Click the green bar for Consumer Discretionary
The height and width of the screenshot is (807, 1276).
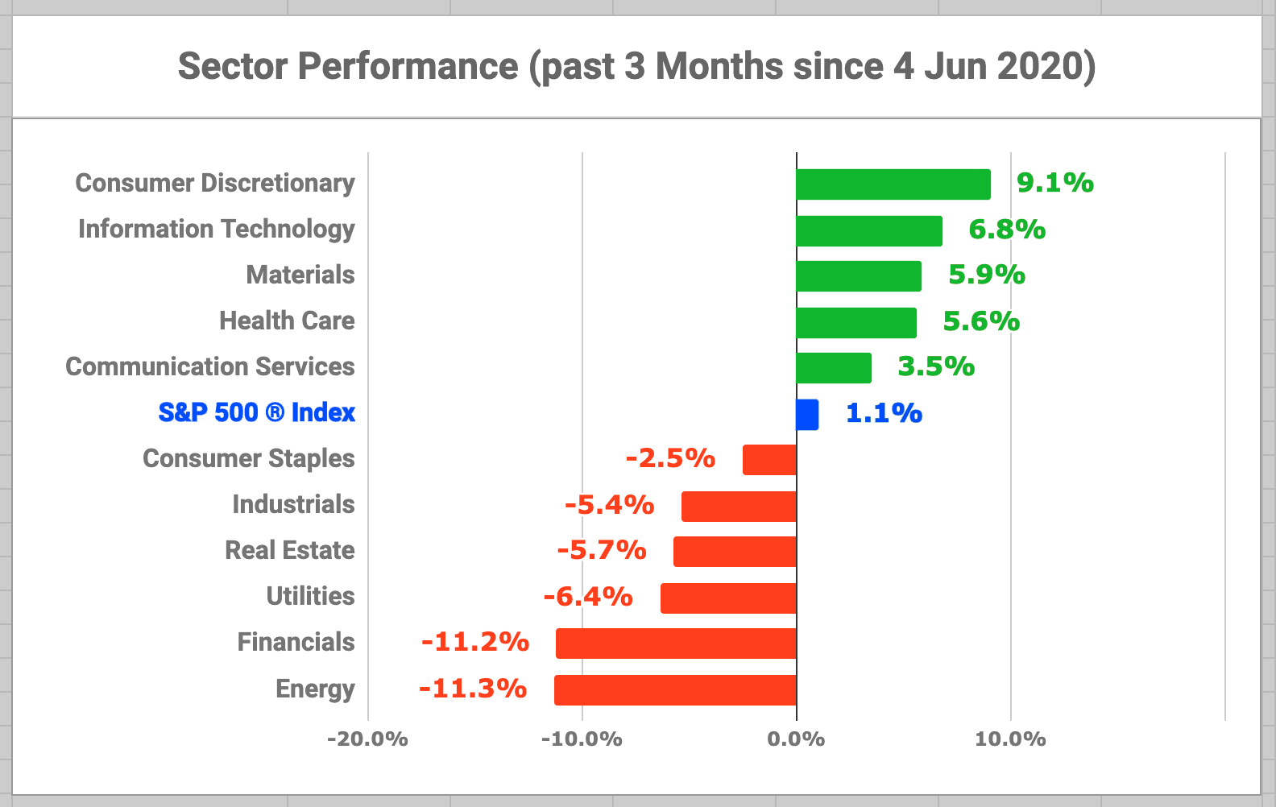(x=893, y=184)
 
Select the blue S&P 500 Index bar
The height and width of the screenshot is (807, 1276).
(x=807, y=415)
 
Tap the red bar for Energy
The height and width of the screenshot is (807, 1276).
(x=675, y=690)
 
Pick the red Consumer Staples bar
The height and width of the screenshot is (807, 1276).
(x=769, y=460)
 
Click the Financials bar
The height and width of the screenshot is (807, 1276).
(x=676, y=644)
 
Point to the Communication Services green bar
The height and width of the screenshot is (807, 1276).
(x=834, y=368)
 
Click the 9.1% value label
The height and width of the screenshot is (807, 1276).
(x=1054, y=183)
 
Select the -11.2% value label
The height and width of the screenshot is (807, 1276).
(x=474, y=642)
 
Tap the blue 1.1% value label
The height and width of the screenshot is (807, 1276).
(x=883, y=413)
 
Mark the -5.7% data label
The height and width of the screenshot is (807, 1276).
(x=601, y=550)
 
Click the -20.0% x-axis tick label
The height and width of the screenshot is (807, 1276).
(x=367, y=739)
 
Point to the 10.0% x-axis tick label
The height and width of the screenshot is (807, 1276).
(x=1010, y=739)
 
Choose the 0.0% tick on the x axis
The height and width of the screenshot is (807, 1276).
(x=796, y=739)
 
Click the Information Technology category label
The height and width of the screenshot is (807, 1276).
(x=216, y=230)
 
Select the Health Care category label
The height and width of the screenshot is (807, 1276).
(x=287, y=321)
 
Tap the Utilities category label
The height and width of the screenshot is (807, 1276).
(x=310, y=597)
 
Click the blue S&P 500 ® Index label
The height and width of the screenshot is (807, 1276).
(x=256, y=413)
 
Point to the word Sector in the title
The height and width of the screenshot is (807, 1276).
(x=232, y=66)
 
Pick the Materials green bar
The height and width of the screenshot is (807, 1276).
(x=858, y=276)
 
